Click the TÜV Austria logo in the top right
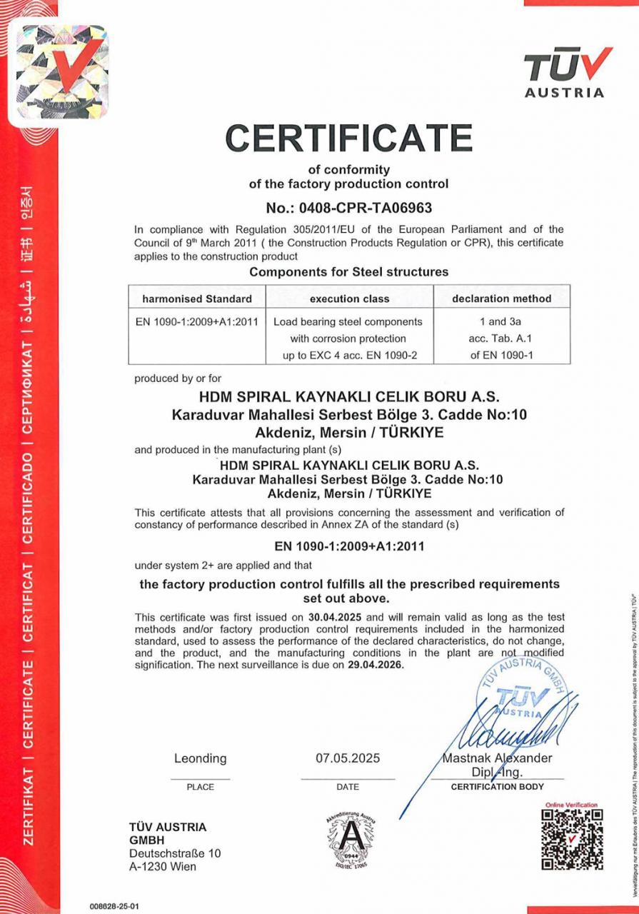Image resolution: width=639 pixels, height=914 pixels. (x=567, y=71)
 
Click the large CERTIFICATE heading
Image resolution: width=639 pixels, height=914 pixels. (x=348, y=137)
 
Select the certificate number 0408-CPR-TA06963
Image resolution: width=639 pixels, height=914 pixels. (x=348, y=208)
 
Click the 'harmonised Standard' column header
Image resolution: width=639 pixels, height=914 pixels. (x=196, y=298)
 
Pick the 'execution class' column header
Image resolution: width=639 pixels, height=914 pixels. (x=349, y=298)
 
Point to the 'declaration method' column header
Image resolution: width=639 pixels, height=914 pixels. (x=501, y=298)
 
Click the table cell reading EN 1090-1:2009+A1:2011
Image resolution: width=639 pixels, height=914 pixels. (x=196, y=321)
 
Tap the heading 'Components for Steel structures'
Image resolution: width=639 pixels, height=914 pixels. (x=348, y=271)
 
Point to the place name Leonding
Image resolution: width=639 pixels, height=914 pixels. (x=200, y=758)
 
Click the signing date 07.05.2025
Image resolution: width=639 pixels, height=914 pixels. (x=348, y=758)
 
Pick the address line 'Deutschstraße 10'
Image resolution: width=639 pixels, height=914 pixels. (x=175, y=853)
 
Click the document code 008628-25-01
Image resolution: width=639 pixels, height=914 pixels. (x=114, y=906)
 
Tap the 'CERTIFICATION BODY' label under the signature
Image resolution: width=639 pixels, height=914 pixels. (x=497, y=787)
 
